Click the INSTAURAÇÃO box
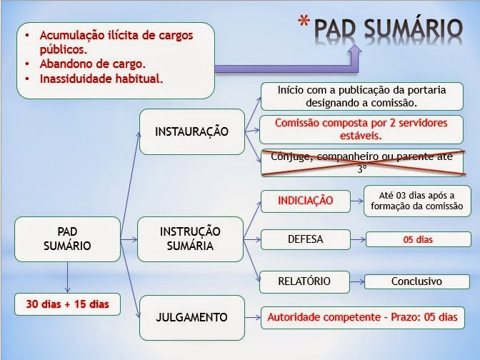(191, 131)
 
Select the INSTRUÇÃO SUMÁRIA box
(189, 239)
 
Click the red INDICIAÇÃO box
(306, 201)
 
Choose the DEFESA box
(305, 240)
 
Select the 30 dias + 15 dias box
(68, 304)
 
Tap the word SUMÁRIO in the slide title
(409, 28)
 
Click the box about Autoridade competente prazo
(361, 316)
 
